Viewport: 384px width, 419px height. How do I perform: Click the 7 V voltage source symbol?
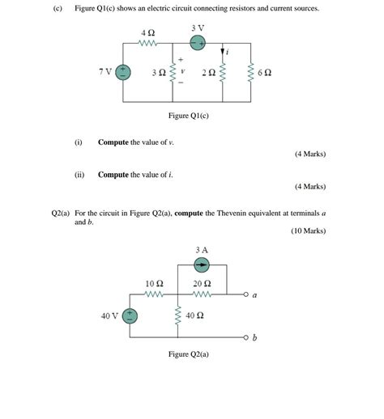coord(124,72)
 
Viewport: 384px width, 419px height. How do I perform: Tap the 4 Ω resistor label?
coord(147,32)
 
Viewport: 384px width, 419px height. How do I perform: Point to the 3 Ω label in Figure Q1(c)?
coord(160,72)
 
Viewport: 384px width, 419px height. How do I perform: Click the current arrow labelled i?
coord(223,52)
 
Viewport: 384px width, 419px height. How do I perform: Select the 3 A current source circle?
coord(201,265)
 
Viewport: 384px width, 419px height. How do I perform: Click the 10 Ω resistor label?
coord(154,284)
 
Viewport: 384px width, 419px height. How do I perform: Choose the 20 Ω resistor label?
coord(202,284)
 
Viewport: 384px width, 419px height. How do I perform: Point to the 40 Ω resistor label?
coord(194,316)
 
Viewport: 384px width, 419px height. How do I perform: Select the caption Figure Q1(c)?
coord(188,116)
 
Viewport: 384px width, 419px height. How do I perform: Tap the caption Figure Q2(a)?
coord(188,353)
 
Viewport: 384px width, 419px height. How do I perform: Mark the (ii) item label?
coord(79,174)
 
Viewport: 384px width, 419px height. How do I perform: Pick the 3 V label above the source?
coord(198,28)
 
